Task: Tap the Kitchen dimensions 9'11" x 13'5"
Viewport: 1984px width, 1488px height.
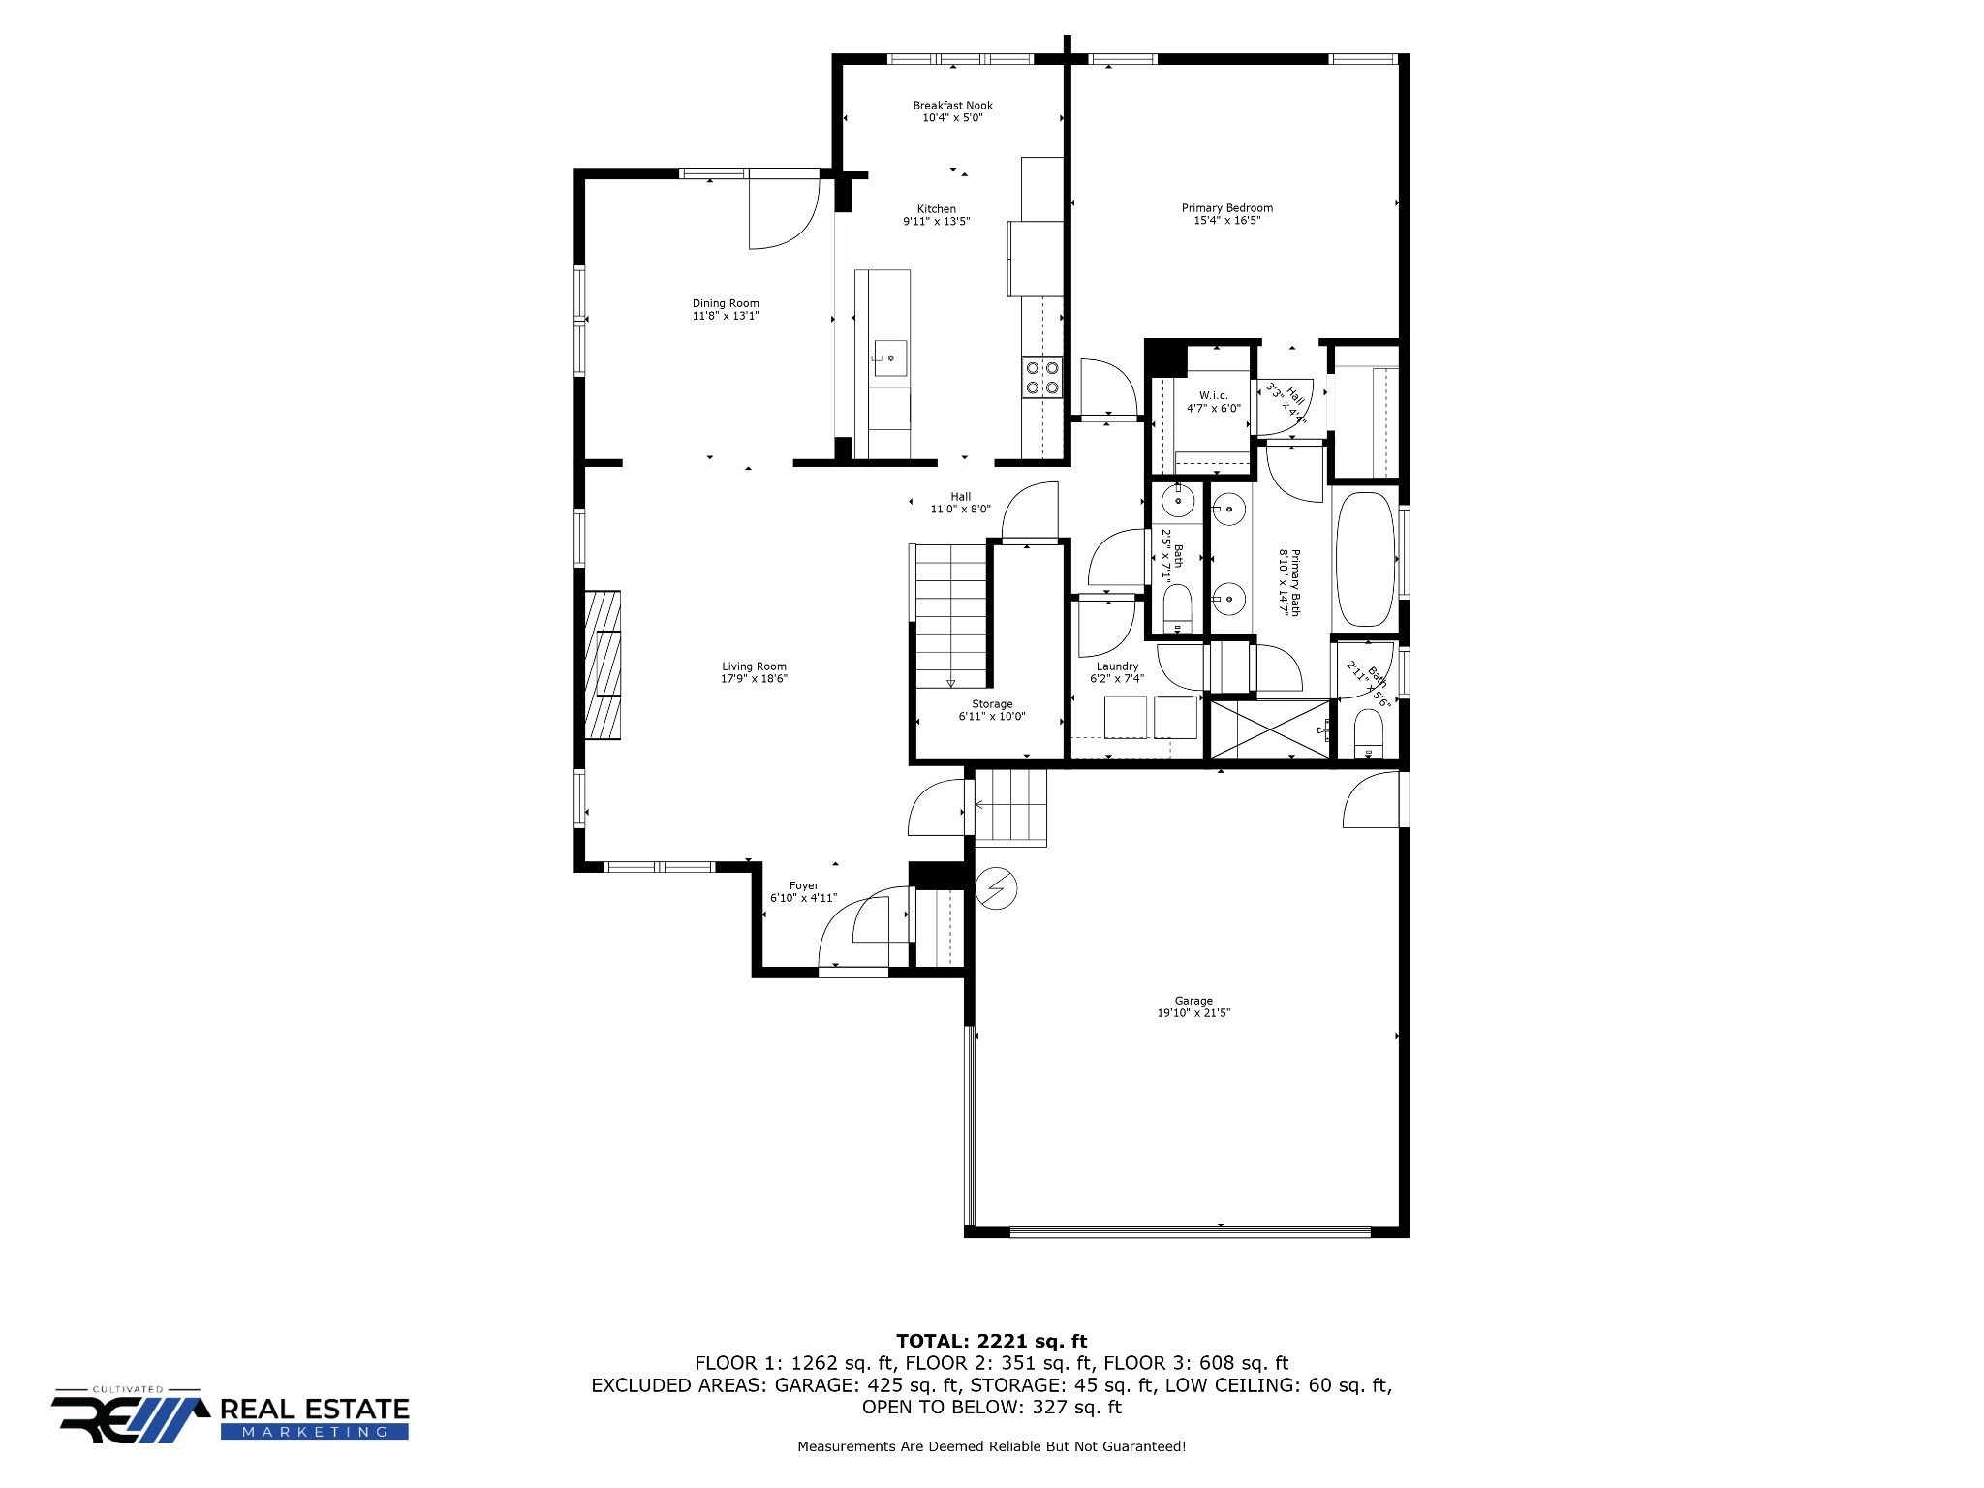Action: (936, 221)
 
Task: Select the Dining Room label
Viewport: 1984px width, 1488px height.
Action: (726, 303)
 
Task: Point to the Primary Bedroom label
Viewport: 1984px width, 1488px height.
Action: (1226, 208)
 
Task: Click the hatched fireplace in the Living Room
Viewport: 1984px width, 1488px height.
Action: (603, 665)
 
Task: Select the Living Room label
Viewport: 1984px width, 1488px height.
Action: (754, 666)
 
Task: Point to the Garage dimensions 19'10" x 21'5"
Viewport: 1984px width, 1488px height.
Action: (1193, 1013)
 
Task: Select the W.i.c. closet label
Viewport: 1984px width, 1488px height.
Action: (1213, 395)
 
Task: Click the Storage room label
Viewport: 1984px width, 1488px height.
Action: (992, 704)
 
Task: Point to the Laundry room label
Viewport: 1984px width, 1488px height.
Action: (1117, 666)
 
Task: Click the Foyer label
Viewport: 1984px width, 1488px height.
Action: (803, 885)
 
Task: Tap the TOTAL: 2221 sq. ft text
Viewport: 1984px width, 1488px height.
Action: (992, 1341)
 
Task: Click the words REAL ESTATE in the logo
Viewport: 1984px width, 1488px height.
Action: (315, 1409)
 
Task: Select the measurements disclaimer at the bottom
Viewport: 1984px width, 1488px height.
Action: (991, 1447)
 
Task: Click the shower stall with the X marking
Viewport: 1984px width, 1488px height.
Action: (1270, 728)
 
